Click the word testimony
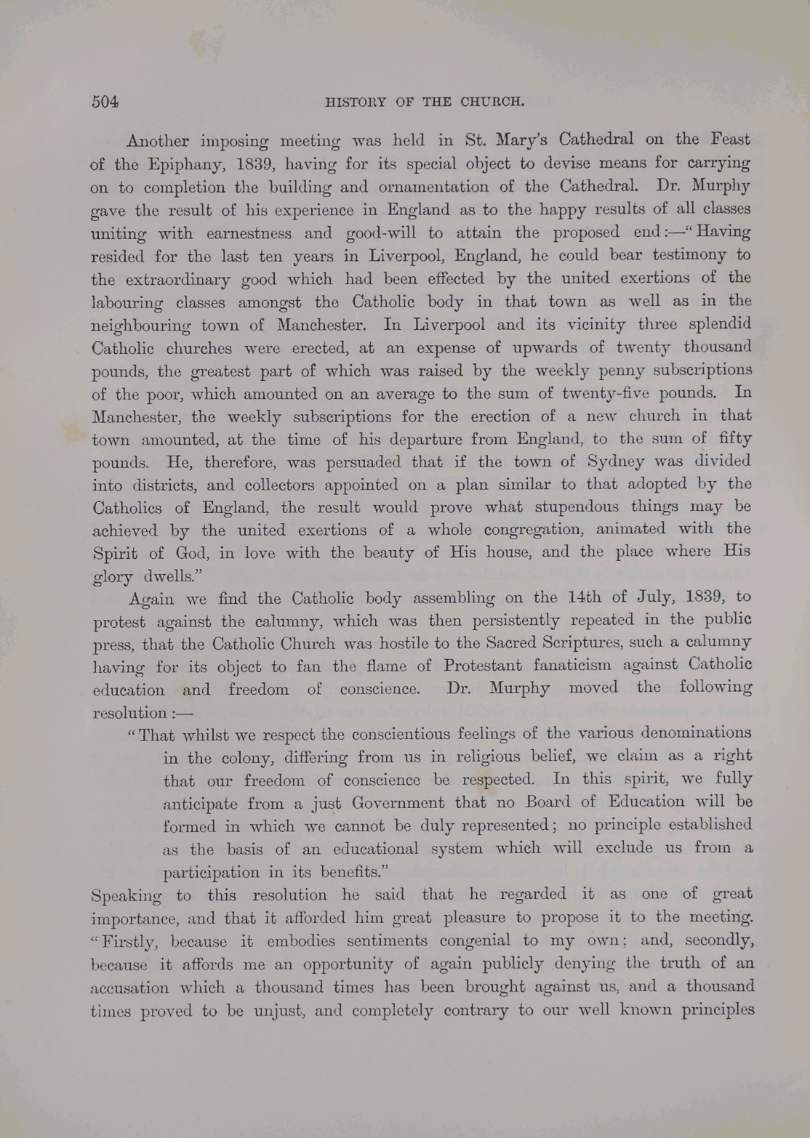[686, 256]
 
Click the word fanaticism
[609, 666]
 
